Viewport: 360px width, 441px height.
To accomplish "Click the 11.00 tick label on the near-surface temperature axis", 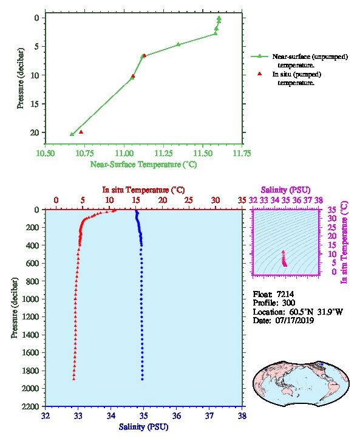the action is (124, 153).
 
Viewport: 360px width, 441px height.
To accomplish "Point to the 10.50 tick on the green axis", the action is (46, 153).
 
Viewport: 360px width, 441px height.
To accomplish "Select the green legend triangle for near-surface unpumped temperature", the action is (259, 56).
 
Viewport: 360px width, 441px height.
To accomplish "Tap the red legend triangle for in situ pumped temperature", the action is (259, 73).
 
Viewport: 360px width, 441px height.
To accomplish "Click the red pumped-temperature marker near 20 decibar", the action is (81, 132).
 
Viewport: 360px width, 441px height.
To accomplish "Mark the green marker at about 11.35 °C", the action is (178, 44).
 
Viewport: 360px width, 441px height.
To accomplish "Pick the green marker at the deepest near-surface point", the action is (72, 134).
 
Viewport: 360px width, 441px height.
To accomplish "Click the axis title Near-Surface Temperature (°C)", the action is (143, 165).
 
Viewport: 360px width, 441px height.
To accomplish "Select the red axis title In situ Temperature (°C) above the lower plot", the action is (143, 190).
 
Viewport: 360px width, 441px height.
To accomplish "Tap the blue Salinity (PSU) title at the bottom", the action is (143, 427).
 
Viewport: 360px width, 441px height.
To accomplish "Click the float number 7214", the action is (285, 294).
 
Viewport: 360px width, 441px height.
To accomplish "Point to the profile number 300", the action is (288, 303).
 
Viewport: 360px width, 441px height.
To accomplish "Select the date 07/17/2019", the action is (294, 320).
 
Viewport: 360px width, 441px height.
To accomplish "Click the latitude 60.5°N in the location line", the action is (301, 312).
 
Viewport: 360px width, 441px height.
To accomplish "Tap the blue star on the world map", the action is (322, 364).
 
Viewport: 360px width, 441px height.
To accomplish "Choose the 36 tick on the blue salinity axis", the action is (177, 415).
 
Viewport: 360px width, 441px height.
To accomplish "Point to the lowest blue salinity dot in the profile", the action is (142, 379).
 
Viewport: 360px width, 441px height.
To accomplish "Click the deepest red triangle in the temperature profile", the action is (73, 378).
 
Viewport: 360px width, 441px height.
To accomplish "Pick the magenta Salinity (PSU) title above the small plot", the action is (285, 190).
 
